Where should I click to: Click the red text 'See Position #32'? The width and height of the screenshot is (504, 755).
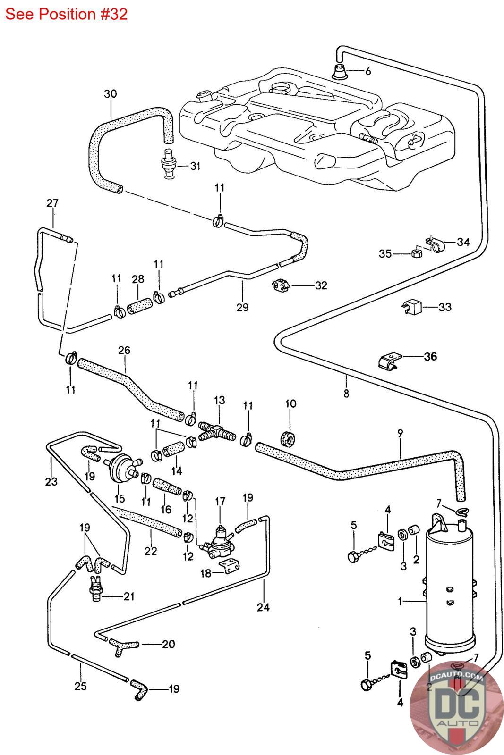click(67, 14)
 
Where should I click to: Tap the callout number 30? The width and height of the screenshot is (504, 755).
click(110, 94)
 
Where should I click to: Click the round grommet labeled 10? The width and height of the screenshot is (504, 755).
click(288, 437)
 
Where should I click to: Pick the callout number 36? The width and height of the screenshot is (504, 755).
click(430, 356)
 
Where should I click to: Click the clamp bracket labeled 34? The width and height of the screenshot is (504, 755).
click(434, 243)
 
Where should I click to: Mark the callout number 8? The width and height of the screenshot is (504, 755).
click(346, 393)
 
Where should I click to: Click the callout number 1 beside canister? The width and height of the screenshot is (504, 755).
click(400, 602)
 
